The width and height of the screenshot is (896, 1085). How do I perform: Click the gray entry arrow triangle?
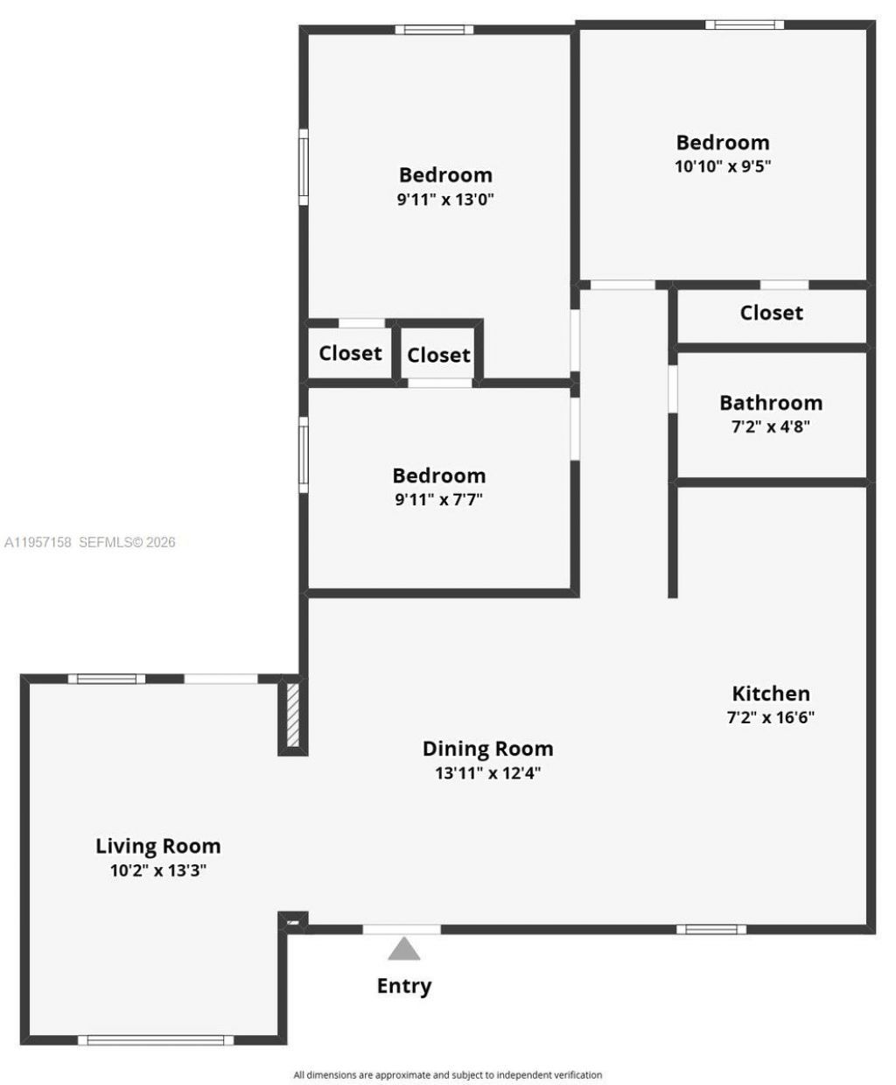pyautogui.click(x=403, y=949)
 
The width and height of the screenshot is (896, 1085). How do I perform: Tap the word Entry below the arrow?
pyautogui.click(x=403, y=986)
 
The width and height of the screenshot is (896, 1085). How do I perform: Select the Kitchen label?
pyautogui.click(x=770, y=694)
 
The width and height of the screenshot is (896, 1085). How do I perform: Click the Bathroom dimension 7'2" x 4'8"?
pyautogui.click(x=770, y=427)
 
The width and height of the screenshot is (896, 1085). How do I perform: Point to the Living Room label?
pyautogui.click(x=157, y=846)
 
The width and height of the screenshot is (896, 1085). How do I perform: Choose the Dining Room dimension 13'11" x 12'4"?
pyautogui.click(x=487, y=773)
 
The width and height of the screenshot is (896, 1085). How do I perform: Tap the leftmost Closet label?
pyautogui.click(x=350, y=353)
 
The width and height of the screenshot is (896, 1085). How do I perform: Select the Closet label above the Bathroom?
pyautogui.click(x=771, y=313)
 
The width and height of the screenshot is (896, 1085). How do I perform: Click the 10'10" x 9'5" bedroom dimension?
pyautogui.click(x=722, y=166)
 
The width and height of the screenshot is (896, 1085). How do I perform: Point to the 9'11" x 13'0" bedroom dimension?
pyautogui.click(x=445, y=199)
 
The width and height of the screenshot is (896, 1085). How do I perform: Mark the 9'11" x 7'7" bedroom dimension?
pyautogui.click(x=438, y=500)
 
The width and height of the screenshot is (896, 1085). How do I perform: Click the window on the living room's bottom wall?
pyautogui.click(x=156, y=1039)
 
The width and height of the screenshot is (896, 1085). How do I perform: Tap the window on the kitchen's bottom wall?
pyautogui.click(x=710, y=929)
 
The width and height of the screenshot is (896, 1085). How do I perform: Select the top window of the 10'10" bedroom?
pyautogui.click(x=745, y=25)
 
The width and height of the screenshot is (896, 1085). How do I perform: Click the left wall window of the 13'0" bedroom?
pyautogui.click(x=304, y=166)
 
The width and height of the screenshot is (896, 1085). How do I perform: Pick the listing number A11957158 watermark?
pyautogui.click(x=39, y=542)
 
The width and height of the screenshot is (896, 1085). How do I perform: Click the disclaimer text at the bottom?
pyautogui.click(x=447, y=1074)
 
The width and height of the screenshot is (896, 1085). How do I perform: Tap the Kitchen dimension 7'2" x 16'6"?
pyautogui.click(x=770, y=717)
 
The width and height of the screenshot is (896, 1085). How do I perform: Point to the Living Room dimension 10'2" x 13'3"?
pyautogui.click(x=157, y=870)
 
